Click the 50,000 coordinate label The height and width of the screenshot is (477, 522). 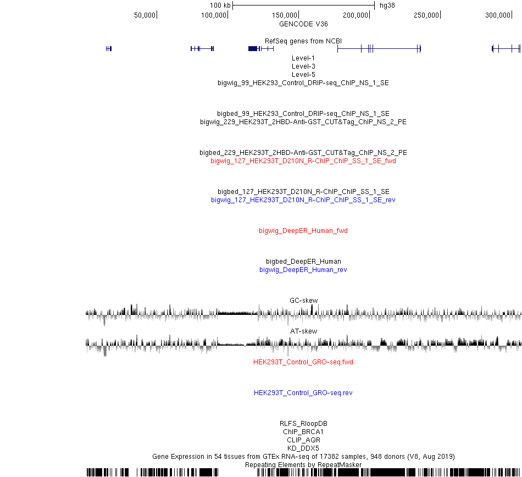click(x=145, y=15)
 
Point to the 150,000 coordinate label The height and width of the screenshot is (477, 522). click(x=284, y=15)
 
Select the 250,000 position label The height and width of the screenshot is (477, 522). click(x=426, y=15)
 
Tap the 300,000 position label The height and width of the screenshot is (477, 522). click(x=498, y=15)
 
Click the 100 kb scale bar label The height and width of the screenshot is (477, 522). click(x=220, y=5)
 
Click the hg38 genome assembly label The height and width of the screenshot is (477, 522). click(x=387, y=5)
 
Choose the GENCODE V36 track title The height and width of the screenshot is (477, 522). click(x=303, y=24)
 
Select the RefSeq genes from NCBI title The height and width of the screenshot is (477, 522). click(x=303, y=41)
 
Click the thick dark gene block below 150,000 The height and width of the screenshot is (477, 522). click(x=253, y=48)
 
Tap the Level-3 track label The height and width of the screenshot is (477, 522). click(x=303, y=66)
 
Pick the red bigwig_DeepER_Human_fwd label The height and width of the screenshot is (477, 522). click(x=303, y=231)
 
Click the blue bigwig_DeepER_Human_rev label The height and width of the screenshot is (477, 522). click(x=303, y=270)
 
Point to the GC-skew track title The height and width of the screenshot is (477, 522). click(x=304, y=300)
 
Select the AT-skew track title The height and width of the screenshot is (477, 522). click(x=304, y=331)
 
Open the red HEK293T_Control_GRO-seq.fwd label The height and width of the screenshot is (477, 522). click(x=303, y=362)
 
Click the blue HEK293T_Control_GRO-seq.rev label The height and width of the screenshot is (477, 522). click(x=303, y=393)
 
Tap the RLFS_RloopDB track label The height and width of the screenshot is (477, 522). click(x=303, y=423)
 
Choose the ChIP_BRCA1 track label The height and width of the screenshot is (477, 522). click(x=303, y=432)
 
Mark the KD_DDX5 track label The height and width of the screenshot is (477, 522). click(x=303, y=448)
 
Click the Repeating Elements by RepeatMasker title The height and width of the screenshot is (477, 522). click(x=303, y=465)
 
